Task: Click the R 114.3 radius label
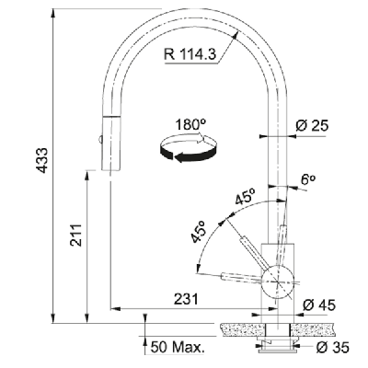pos(190,54)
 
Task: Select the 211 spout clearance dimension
pos(75,236)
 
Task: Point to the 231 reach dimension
pos(187,299)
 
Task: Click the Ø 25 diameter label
pos(312,125)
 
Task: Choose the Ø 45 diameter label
pos(319,305)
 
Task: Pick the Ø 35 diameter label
pos(332,348)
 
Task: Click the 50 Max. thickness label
pos(178,348)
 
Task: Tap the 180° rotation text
pos(190,125)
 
